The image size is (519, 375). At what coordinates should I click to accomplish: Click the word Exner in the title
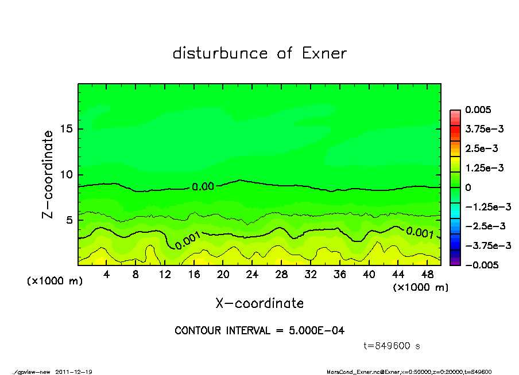click(x=324, y=53)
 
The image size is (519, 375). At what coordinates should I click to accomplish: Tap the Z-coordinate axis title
click(x=48, y=174)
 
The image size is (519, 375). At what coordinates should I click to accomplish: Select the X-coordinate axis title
click(x=259, y=303)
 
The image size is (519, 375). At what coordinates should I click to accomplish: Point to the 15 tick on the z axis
click(x=67, y=129)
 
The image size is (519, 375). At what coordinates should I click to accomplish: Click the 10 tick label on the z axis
click(x=67, y=174)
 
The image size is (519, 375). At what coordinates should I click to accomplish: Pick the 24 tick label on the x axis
click(x=252, y=275)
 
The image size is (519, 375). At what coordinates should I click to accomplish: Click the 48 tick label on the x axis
click(x=427, y=275)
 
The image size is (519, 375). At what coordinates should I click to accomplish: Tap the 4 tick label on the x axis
click(x=107, y=275)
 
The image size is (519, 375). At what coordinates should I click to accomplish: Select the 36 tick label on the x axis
click(x=339, y=275)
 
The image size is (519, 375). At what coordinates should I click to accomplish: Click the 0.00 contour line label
click(x=202, y=186)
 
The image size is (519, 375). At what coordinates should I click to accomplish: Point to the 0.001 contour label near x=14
click(x=187, y=241)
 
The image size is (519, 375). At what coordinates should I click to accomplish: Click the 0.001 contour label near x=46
click(x=419, y=232)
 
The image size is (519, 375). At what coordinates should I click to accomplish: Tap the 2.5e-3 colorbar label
click(x=482, y=149)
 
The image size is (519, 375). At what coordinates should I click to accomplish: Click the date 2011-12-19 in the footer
click(x=74, y=372)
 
